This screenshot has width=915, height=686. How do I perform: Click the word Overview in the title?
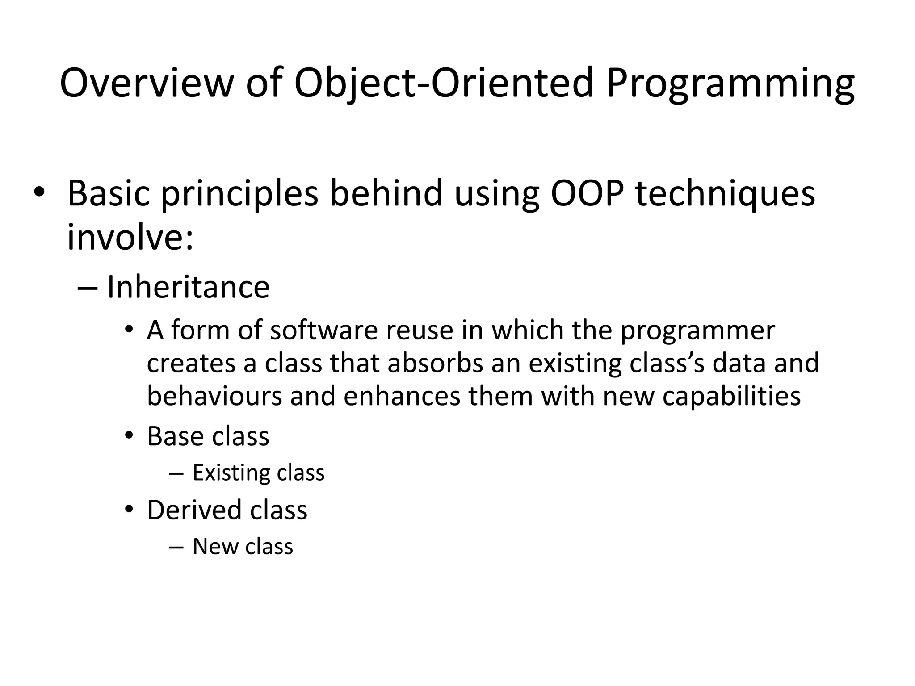tap(147, 84)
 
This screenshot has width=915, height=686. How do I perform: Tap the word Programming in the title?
tap(730, 84)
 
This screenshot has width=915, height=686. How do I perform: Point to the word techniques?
tap(725, 193)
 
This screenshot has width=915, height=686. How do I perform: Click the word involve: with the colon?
tap(130, 237)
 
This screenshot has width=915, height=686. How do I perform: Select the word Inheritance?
tap(188, 287)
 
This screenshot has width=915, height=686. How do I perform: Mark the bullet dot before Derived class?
tap(129, 509)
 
